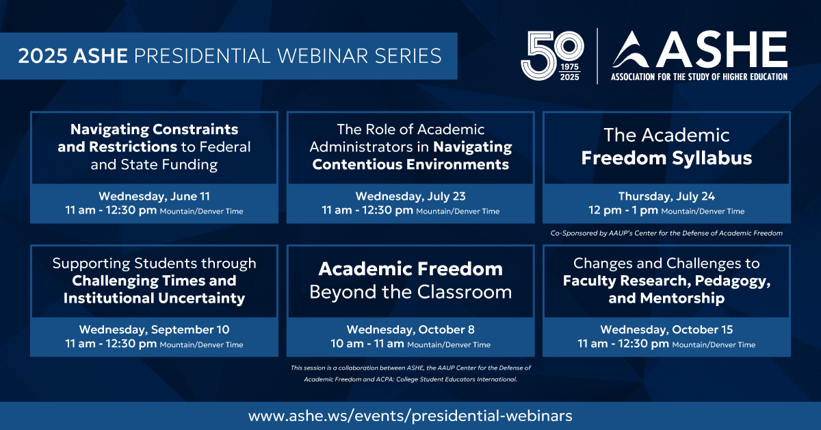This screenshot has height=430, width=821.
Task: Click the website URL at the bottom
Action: pos(410,416)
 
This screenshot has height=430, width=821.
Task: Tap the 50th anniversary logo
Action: pos(552,55)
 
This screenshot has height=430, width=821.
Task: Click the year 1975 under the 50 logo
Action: pos(569,67)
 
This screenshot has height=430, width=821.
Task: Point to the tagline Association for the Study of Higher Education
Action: pos(699,77)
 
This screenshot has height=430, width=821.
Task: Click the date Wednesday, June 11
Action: pos(154,197)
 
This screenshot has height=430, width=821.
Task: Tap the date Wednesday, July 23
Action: pos(410,197)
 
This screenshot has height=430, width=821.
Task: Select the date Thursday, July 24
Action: pos(666,197)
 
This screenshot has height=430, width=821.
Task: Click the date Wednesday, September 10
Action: pos(154,329)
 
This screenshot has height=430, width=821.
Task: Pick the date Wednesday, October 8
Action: pos(410,329)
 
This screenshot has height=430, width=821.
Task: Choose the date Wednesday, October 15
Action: pos(666,329)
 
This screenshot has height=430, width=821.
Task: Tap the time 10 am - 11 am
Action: pos(367,344)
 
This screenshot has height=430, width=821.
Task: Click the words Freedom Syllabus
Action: pos(666,158)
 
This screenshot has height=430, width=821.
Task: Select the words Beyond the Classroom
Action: pos(410,292)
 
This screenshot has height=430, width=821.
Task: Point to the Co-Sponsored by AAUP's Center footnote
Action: pos(666,233)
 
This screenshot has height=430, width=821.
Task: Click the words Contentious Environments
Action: pos(410,164)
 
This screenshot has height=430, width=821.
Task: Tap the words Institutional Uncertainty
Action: pos(154,298)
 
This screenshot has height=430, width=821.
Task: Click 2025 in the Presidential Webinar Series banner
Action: pos(42,55)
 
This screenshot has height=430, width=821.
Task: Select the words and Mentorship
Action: pos(666,298)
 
